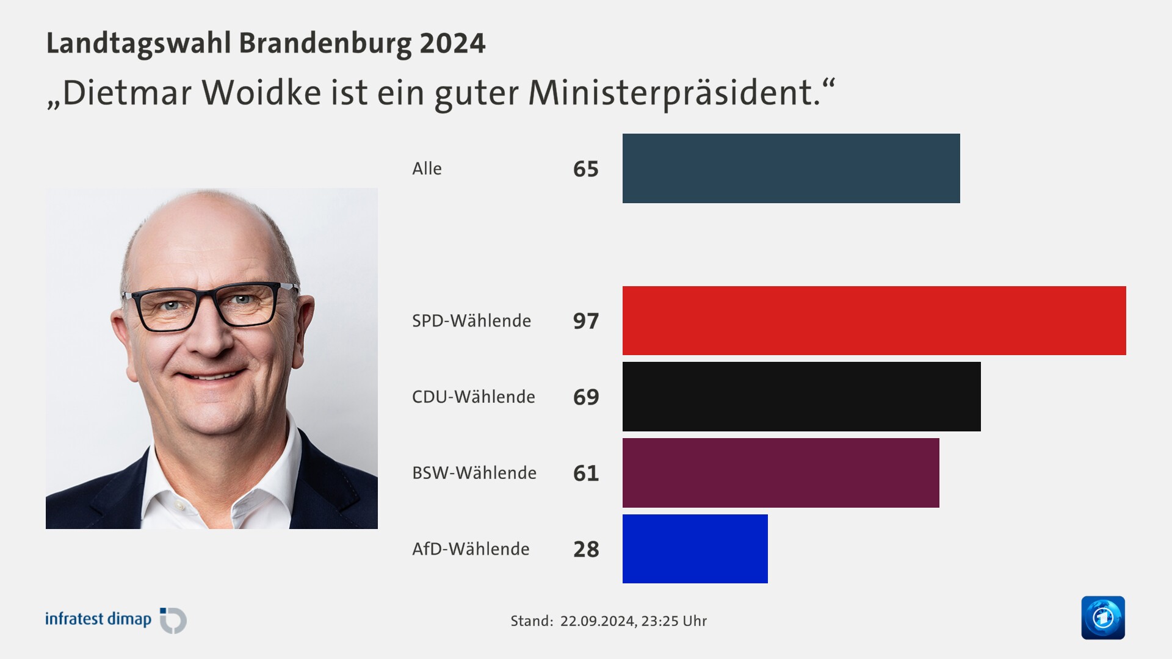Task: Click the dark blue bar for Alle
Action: (x=791, y=168)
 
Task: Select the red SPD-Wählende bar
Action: (x=874, y=320)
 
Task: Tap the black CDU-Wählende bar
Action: (x=801, y=397)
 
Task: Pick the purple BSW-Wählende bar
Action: (x=781, y=473)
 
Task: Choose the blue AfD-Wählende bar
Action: (x=695, y=549)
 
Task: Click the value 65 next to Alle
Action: (x=586, y=169)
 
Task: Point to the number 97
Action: (x=586, y=321)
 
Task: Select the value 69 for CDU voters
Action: (x=586, y=397)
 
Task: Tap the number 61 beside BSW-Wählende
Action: (x=586, y=473)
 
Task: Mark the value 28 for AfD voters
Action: (x=586, y=549)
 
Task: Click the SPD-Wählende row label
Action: (x=471, y=320)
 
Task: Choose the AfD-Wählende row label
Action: (x=471, y=549)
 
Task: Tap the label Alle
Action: (x=427, y=168)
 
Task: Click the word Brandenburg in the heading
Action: (x=325, y=43)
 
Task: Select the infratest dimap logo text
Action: (x=98, y=619)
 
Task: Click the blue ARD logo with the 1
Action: (x=1102, y=618)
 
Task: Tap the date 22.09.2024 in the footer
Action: (x=597, y=621)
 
